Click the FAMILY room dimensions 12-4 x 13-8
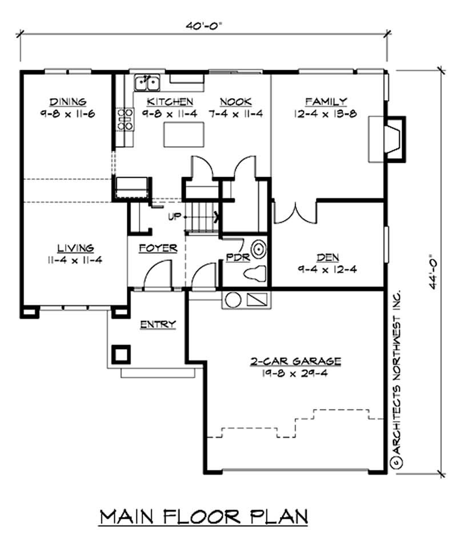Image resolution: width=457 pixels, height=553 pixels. pyautogui.click(x=326, y=113)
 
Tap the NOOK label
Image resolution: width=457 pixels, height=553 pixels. pyautogui.click(x=236, y=102)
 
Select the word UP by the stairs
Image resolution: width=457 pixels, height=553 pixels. pyautogui.click(x=175, y=217)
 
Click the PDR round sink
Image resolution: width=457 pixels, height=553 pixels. pyautogui.click(x=259, y=250)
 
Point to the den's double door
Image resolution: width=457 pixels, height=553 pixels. pyautogui.click(x=295, y=211)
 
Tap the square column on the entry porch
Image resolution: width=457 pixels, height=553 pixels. pyautogui.click(x=121, y=355)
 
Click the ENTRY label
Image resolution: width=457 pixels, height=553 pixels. pyautogui.click(x=158, y=324)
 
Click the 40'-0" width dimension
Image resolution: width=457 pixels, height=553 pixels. pyautogui.click(x=203, y=25)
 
